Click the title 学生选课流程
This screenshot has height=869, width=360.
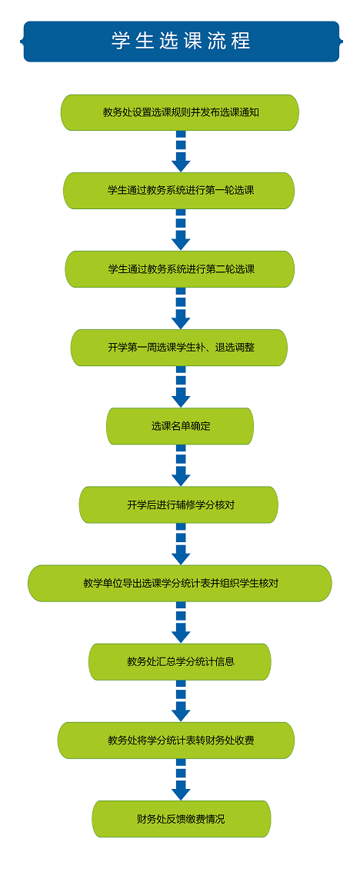pyautogui.click(x=181, y=41)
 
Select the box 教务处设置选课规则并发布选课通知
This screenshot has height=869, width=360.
pyautogui.click(x=180, y=112)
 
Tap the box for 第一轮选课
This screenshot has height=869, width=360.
pyautogui.click(x=179, y=191)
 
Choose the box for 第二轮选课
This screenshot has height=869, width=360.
pyautogui.click(x=180, y=269)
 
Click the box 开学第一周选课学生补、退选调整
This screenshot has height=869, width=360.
pyautogui.click(x=179, y=348)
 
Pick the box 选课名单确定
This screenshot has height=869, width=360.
pyautogui.click(x=180, y=426)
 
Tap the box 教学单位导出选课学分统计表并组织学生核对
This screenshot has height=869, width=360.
pyautogui.click(x=180, y=583)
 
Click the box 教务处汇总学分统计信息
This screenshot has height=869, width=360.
pyautogui.click(x=180, y=661)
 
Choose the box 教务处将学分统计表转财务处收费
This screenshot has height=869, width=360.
pyautogui.click(x=176, y=741)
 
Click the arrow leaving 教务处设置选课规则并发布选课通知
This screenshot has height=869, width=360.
pyautogui.click(x=181, y=151)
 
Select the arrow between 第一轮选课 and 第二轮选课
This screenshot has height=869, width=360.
pyautogui.click(x=181, y=230)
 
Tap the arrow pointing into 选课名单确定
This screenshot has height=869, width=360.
pyautogui.click(x=181, y=387)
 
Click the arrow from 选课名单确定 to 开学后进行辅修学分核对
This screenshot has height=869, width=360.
pyautogui.click(x=181, y=465)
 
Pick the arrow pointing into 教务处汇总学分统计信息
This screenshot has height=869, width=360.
pyautogui.click(x=181, y=622)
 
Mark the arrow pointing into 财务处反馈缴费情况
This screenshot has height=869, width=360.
pyautogui.click(x=181, y=779)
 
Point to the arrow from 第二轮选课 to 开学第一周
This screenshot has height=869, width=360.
pyautogui.click(x=181, y=308)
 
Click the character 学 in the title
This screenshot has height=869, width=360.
pyautogui.click(x=120, y=41)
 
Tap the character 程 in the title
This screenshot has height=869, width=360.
pyautogui.click(x=242, y=41)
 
